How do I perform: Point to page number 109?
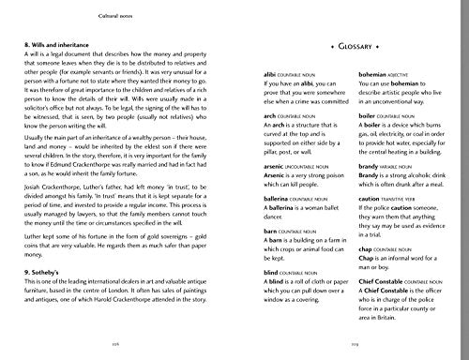pyautogui.click(x=353, y=346)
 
